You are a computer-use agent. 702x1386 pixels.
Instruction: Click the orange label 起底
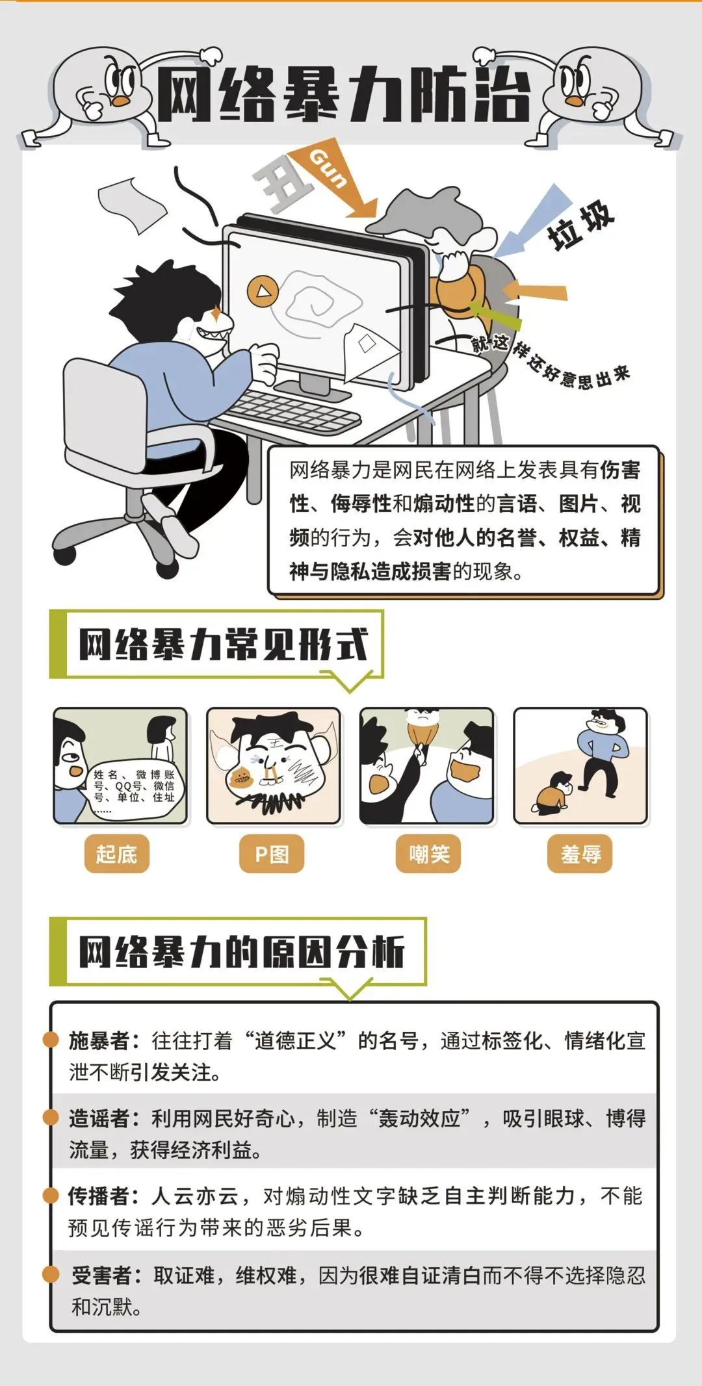click(x=116, y=853)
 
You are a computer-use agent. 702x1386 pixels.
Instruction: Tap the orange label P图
click(x=271, y=853)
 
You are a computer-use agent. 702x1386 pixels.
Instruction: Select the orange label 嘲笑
click(x=428, y=853)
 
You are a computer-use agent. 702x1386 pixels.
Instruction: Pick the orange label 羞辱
click(x=580, y=853)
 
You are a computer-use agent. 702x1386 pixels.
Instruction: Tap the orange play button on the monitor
click(x=262, y=291)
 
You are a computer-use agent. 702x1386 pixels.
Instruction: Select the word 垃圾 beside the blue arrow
click(x=580, y=225)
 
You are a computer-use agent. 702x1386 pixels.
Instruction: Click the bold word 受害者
click(x=101, y=1275)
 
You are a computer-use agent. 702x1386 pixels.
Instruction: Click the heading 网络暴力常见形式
click(x=224, y=645)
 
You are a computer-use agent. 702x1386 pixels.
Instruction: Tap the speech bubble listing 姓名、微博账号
click(x=134, y=786)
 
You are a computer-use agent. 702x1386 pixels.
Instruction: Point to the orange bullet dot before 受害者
click(x=51, y=1274)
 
